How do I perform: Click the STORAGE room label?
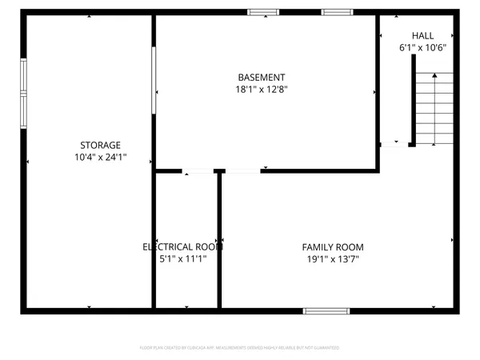point(100,145)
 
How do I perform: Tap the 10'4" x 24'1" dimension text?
point(100,157)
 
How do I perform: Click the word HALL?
point(423,36)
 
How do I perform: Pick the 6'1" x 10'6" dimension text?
point(423,48)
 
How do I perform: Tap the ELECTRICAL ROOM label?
point(182,247)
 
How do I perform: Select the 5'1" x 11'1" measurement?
point(182,259)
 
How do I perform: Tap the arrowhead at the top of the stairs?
point(434,74)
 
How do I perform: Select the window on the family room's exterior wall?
point(326,310)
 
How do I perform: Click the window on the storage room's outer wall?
point(24,88)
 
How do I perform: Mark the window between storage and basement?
point(154,80)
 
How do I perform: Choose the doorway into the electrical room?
point(198,170)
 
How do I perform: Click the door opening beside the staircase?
point(393,145)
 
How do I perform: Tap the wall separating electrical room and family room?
point(218,240)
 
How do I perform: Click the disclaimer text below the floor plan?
point(240,348)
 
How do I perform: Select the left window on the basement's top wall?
point(263,13)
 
